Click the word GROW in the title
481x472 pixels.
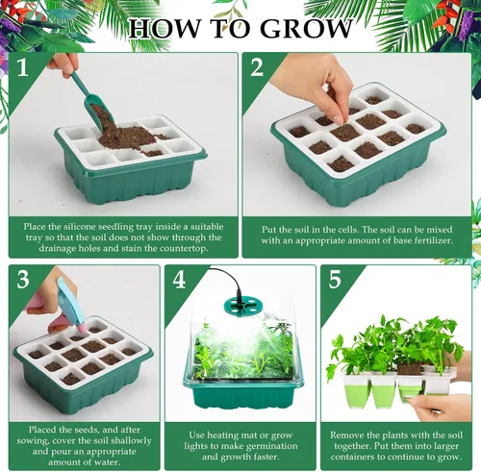click(306, 29)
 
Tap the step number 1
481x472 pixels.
click(22, 67)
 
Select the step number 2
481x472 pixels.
click(257, 67)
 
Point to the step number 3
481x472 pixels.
click(23, 279)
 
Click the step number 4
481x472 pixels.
click(179, 279)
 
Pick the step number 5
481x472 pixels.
click(335, 279)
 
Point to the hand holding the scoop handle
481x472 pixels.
click(64, 64)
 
